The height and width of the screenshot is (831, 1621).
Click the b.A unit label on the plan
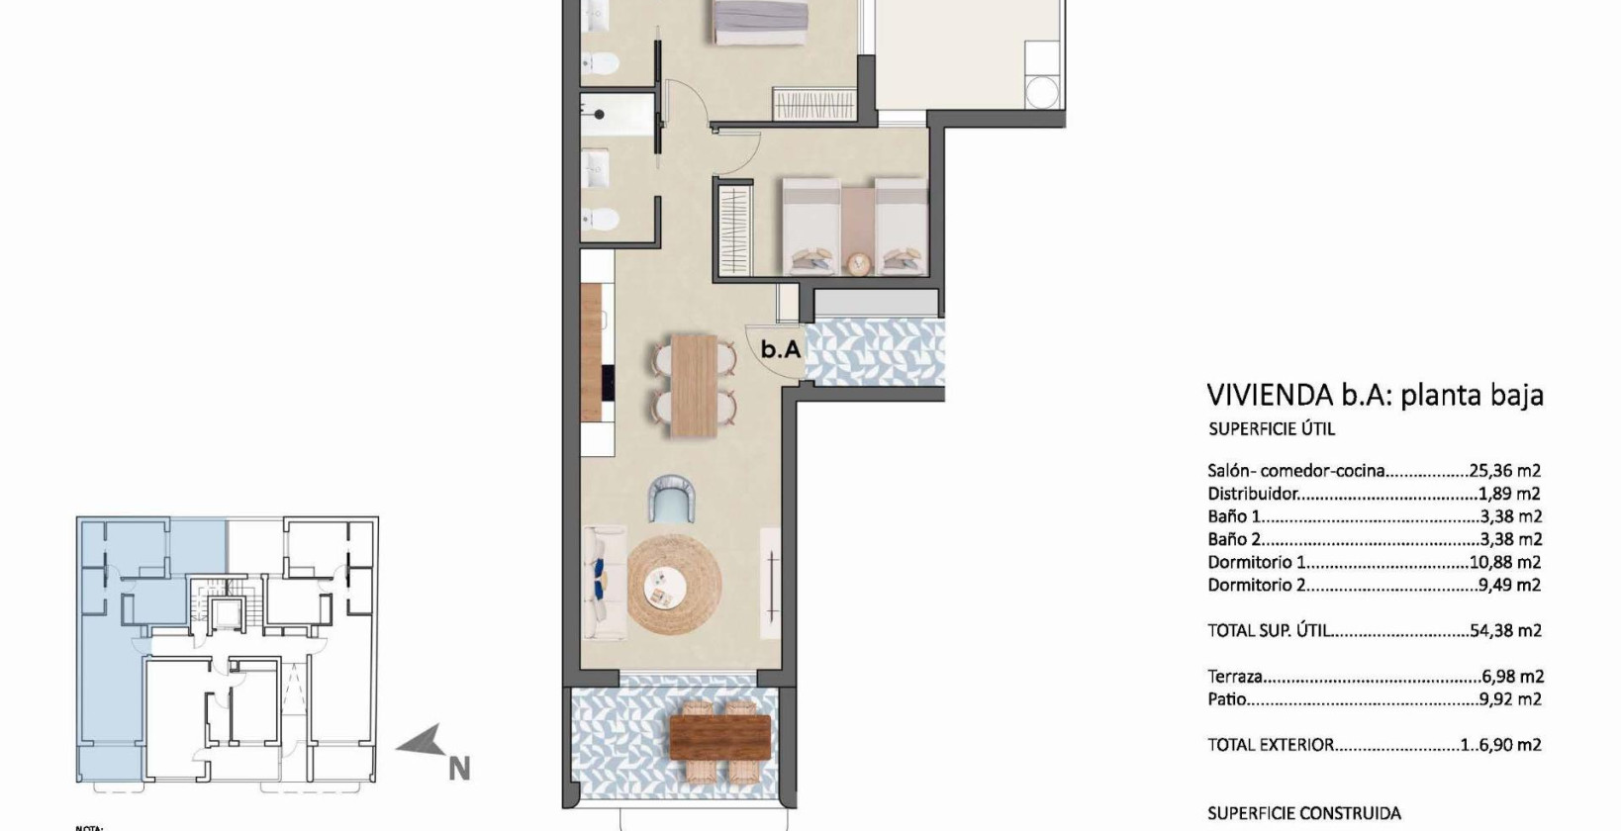pos(780,349)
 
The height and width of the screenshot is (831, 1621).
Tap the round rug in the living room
pos(674,585)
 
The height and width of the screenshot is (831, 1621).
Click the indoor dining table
pos(694,386)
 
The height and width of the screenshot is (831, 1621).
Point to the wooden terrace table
pos(719,737)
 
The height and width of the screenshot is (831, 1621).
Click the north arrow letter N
pos(458,768)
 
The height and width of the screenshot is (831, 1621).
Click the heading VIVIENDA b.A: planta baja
pos(1375,395)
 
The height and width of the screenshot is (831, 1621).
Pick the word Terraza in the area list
pos(1235,677)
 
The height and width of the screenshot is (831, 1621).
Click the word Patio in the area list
pos(1227,699)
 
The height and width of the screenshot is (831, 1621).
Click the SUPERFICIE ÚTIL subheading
pos(1272,429)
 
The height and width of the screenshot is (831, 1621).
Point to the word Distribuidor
pos(1253,494)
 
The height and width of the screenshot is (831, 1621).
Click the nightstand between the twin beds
pos(857,263)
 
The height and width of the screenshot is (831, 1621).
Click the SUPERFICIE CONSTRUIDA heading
pos(1303,813)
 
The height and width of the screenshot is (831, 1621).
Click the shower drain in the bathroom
pos(600,115)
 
